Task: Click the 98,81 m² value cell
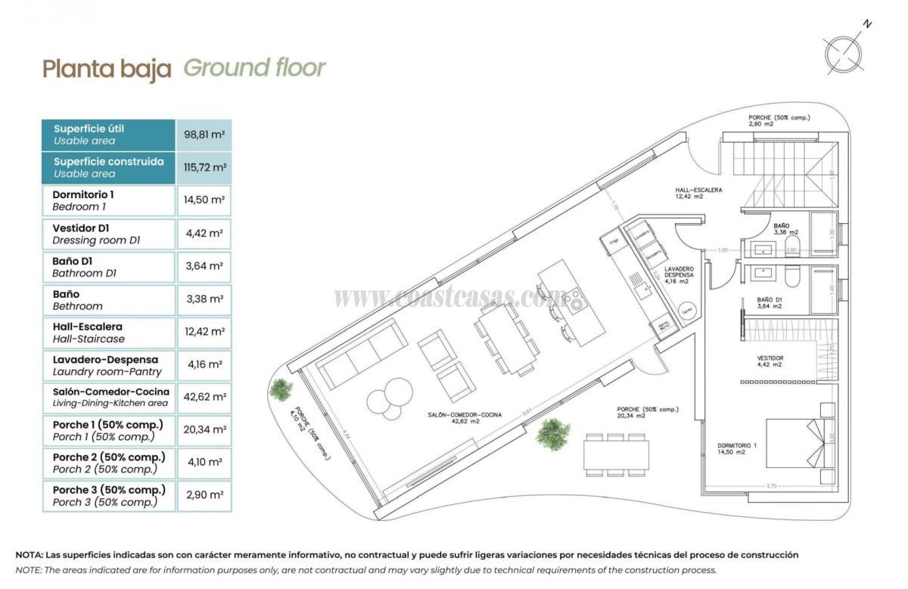tap(204, 135)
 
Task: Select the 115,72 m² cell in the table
tap(204, 167)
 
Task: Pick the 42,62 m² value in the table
tap(204, 396)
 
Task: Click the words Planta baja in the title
tap(107, 69)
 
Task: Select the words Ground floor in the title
tap(254, 67)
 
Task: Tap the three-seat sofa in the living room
tap(359, 353)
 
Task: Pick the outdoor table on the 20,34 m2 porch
tap(615, 454)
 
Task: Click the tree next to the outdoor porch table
tap(552, 434)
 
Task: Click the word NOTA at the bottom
tap(28, 555)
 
